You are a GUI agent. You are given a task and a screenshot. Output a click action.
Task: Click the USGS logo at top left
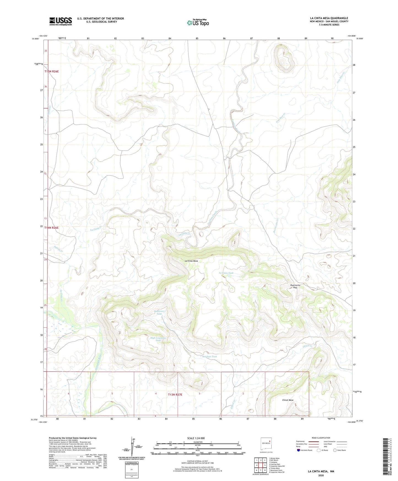(x=61, y=21)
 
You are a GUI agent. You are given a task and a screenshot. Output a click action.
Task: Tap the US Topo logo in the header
(x=198, y=23)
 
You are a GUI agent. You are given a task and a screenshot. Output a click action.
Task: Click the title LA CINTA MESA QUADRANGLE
(x=329, y=18)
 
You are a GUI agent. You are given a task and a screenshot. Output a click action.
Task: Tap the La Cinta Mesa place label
(x=191, y=261)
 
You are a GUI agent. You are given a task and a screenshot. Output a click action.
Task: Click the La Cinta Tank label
(x=226, y=273)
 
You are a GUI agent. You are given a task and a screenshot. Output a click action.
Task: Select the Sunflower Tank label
(x=159, y=312)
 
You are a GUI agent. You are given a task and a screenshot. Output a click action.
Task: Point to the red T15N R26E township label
(x=52, y=71)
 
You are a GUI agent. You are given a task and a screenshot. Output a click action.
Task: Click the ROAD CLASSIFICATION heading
(x=321, y=438)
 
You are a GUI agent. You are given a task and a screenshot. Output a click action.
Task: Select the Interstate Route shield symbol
(x=299, y=450)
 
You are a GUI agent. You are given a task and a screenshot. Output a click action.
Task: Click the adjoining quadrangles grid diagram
(x=260, y=466)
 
